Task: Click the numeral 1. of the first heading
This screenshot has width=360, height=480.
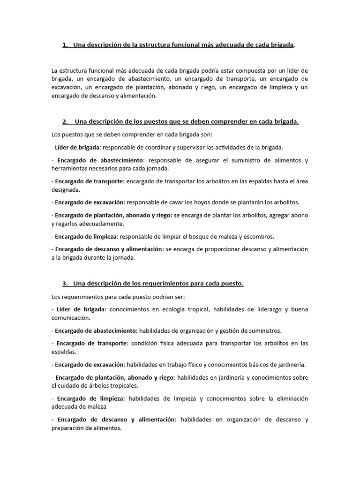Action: (65, 45)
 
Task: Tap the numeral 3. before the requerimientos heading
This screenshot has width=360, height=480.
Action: (65, 284)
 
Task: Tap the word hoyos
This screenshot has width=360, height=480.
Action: (201, 202)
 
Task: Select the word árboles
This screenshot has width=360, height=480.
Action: (100, 385)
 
